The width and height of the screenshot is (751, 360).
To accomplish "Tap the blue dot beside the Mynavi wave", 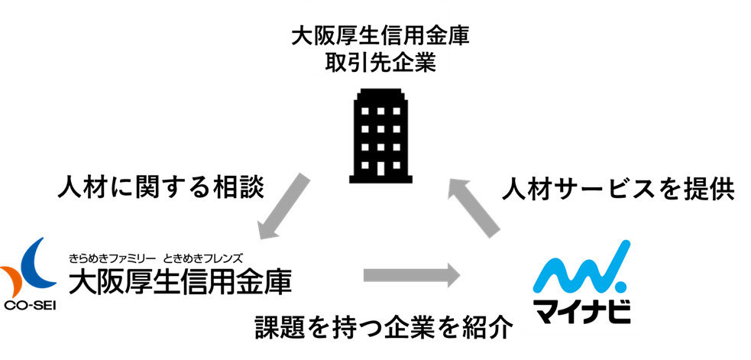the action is pos(620,287).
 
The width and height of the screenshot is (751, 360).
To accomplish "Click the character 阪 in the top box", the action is pos(330,36).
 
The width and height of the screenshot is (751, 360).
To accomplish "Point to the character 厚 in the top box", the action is pos(352,36).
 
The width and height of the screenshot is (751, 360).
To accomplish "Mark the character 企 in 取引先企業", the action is pos(403,62).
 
